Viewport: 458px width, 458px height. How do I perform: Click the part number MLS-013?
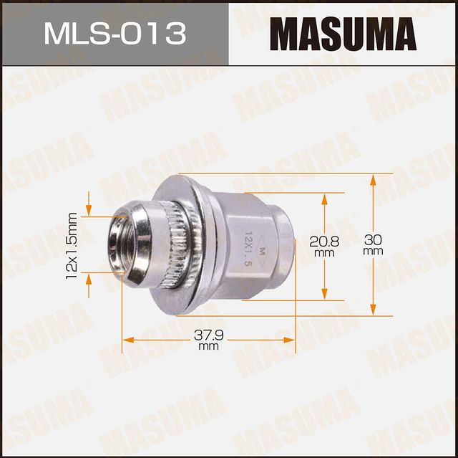click(114, 34)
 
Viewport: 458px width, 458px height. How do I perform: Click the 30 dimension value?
click(373, 240)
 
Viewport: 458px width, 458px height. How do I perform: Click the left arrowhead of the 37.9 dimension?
click(127, 339)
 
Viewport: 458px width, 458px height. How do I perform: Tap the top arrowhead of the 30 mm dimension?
click(373, 179)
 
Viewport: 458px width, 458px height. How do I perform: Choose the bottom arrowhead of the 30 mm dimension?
click(373, 310)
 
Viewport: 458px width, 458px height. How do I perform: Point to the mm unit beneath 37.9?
click(208, 346)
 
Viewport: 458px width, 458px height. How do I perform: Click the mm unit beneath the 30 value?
click(373, 252)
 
